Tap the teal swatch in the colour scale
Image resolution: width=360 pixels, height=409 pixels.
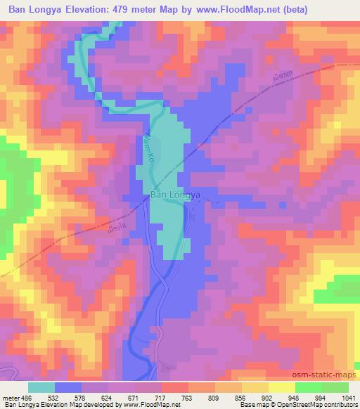pos(41,387)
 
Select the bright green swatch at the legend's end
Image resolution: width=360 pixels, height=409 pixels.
pos(335,387)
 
